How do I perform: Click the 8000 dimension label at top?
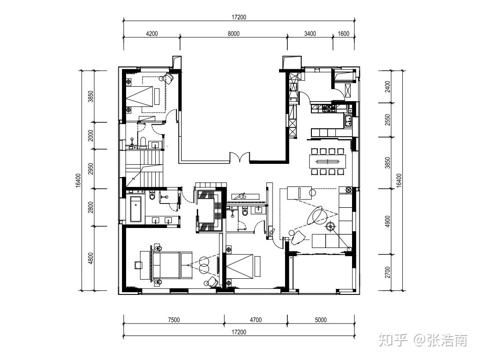click(x=233, y=34)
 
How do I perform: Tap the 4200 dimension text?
click(x=152, y=34)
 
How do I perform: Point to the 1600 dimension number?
click(x=343, y=34)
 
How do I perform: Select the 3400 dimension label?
click(x=310, y=34)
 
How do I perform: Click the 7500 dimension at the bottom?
click(x=174, y=320)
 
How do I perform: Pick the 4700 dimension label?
click(x=255, y=320)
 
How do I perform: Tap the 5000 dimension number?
click(x=321, y=320)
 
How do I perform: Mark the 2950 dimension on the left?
click(x=90, y=169)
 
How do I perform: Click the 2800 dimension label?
click(x=90, y=207)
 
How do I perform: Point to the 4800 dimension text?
click(x=90, y=258)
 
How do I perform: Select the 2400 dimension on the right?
click(x=388, y=87)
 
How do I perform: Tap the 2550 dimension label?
click(x=388, y=120)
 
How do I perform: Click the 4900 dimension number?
click(x=388, y=222)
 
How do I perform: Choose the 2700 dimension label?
click(x=388, y=272)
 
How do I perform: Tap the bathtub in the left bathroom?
click(x=136, y=209)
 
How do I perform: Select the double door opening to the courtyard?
click(x=240, y=157)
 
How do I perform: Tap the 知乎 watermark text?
click(x=393, y=340)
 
